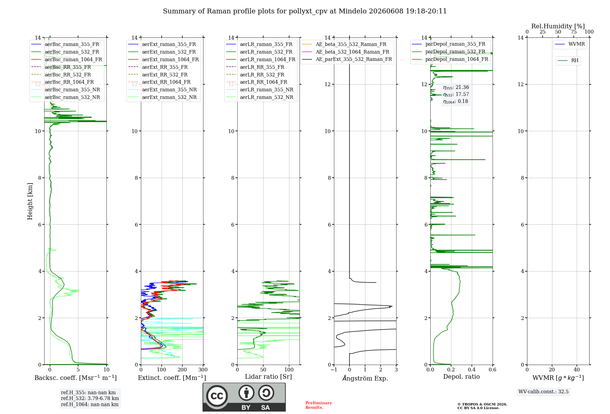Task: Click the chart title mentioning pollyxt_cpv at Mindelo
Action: pos(305,11)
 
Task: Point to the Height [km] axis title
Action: pos(30,201)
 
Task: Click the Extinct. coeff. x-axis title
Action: pos(172,378)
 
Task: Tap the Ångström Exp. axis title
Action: pos(365,378)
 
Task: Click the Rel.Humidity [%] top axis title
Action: pos(558,26)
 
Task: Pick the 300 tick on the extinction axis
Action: pos(203,370)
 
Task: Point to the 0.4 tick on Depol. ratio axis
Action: pos(472,370)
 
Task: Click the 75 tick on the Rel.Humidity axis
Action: pos(574,32)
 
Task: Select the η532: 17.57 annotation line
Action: pos(456,94)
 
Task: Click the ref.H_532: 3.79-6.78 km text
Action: pos(90,398)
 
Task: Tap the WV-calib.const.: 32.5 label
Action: pos(544,392)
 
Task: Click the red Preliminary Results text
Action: pos(319,405)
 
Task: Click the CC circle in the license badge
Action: pos(217,396)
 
